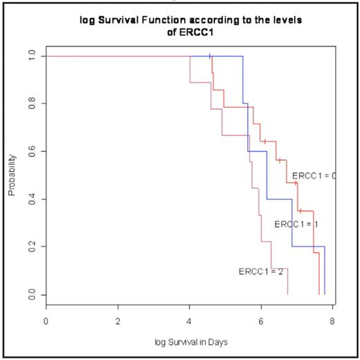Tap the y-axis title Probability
pyautogui.click(x=12, y=175)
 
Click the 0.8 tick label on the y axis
pyautogui.click(x=30, y=103)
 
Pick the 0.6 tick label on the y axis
pyautogui.click(x=30, y=151)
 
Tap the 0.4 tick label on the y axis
pyautogui.click(x=30, y=199)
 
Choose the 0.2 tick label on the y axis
pyautogui.click(x=30, y=247)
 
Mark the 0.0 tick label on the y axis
pyautogui.click(x=30, y=295)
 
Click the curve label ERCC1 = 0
pyautogui.click(x=314, y=176)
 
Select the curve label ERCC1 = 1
pyautogui.click(x=296, y=224)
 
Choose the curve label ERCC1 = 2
pyautogui.click(x=261, y=271)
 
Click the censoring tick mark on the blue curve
pyautogui.click(x=210, y=55)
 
